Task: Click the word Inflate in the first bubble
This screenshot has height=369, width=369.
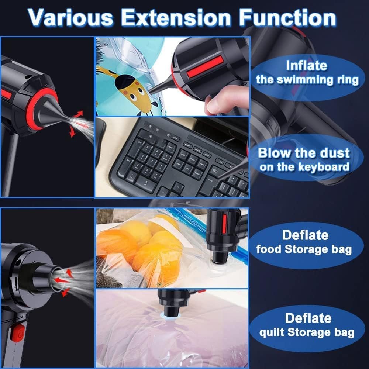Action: [x=306, y=66]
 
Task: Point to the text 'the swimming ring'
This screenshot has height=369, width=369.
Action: [x=307, y=80]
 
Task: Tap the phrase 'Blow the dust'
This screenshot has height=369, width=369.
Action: [x=303, y=153]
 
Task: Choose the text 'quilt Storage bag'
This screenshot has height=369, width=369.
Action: [x=306, y=332]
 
